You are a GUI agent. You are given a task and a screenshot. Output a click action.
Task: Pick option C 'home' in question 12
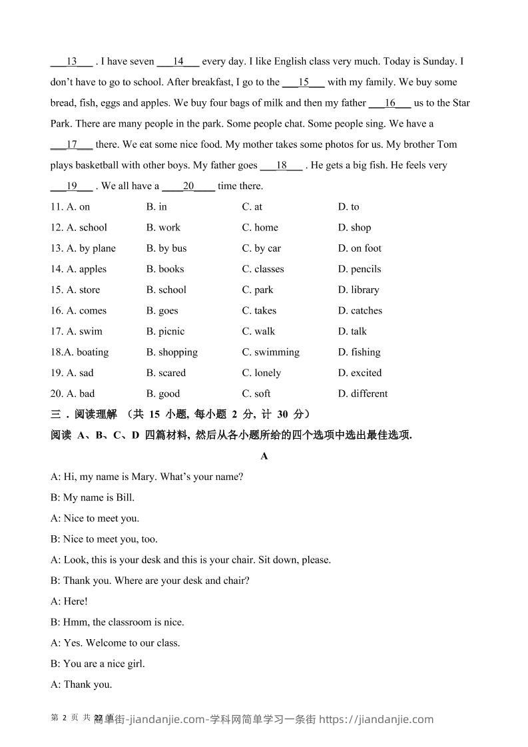(260, 228)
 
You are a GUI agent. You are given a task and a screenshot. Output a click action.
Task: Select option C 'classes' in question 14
(263, 269)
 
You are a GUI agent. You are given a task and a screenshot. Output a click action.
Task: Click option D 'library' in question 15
(359, 290)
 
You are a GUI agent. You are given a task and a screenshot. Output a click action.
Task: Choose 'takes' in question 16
(259, 311)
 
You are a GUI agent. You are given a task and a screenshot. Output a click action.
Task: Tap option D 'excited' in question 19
(360, 373)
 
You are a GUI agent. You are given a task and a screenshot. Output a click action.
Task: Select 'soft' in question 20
(256, 393)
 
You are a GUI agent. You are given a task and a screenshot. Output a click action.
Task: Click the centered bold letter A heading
(264, 456)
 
